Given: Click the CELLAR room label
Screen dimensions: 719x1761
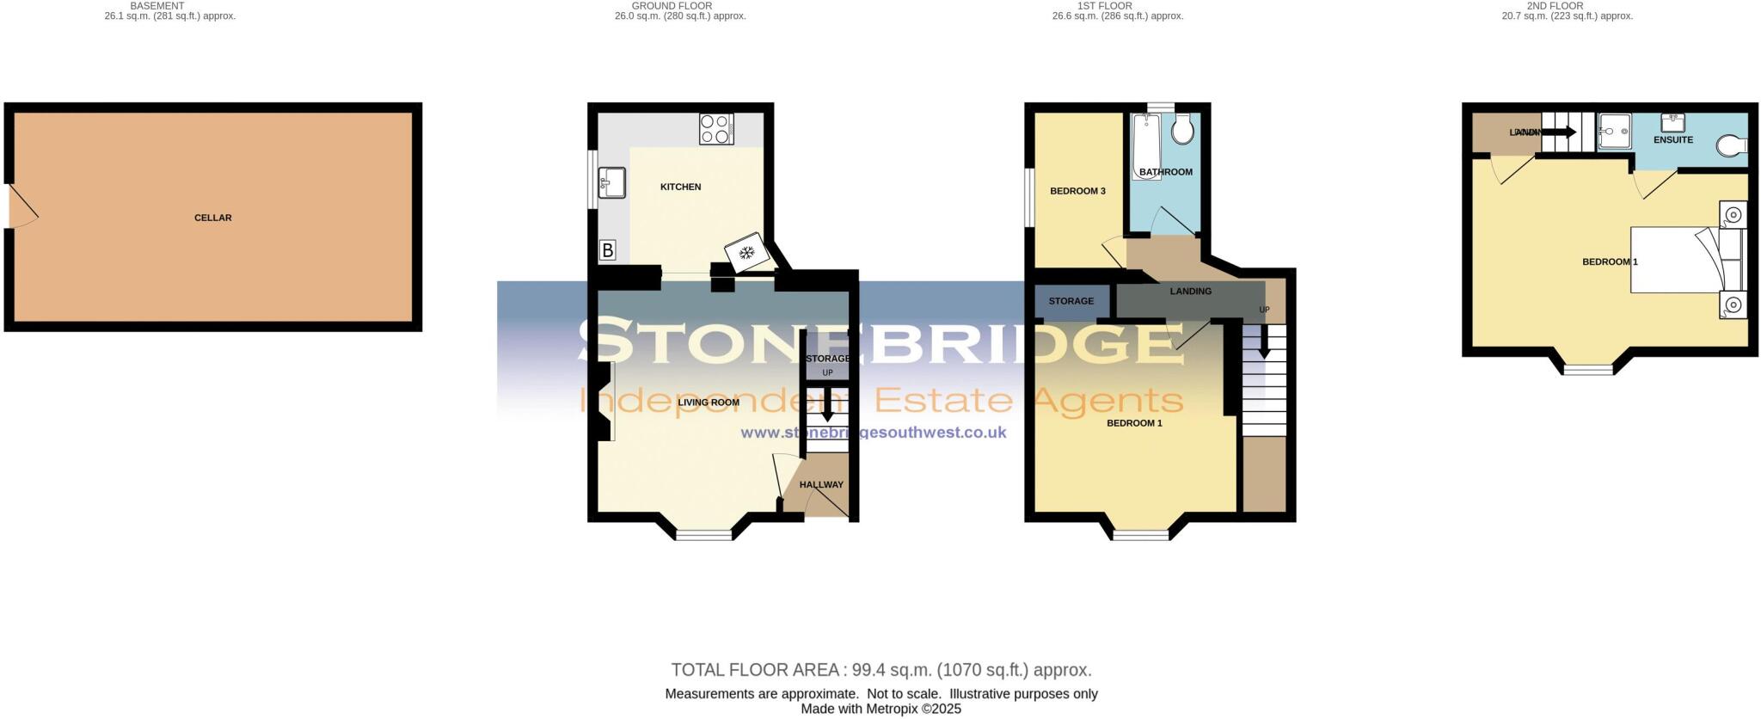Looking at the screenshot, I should (x=212, y=218).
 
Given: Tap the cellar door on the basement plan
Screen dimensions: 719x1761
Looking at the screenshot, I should (x=22, y=206).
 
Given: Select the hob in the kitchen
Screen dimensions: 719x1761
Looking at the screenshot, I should (x=716, y=129).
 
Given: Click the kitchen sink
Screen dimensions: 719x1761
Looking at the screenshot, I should (x=612, y=181).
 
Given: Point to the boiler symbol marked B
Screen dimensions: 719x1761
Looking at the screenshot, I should (x=608, y=251).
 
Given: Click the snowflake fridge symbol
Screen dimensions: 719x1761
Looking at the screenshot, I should (x=745, y=252).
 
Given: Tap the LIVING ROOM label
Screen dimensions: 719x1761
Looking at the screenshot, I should (x=709, y=403).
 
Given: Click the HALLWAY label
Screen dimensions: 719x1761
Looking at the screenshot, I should (x=821, y=485).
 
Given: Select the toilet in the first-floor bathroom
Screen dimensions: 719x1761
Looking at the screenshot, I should (x=1184, y=129).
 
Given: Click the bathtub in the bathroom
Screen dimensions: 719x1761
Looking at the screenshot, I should (x=1144, y=144).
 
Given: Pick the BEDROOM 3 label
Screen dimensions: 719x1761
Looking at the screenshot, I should (x=1077, y=191).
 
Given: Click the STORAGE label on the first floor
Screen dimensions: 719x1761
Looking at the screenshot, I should (x=1071, y=301).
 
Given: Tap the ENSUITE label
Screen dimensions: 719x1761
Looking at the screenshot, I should (x=1672, y=140).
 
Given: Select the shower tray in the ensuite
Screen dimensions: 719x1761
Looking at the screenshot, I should (x=1614, y=132).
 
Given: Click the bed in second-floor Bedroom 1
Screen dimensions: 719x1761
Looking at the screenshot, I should (x=1677, y=260).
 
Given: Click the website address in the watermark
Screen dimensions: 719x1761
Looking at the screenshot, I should (x=873, y=433).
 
